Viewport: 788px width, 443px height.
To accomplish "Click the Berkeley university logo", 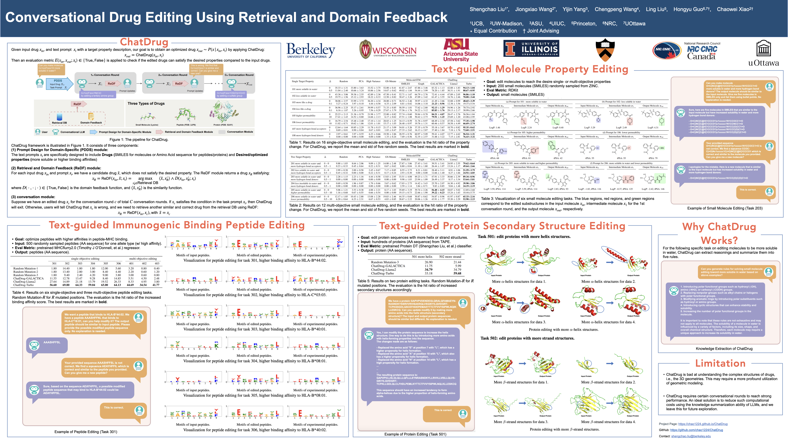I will (310, 50).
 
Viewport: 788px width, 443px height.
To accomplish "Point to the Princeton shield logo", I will (605, 50).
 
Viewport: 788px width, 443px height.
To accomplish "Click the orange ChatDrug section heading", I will (144, 42).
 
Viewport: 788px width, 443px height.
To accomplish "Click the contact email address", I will (691, 436).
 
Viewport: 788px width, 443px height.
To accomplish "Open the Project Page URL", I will (703, 424).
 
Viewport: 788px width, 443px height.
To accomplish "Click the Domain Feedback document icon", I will (91, 116).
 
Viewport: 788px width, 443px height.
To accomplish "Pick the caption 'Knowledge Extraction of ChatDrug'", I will (724, 349).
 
